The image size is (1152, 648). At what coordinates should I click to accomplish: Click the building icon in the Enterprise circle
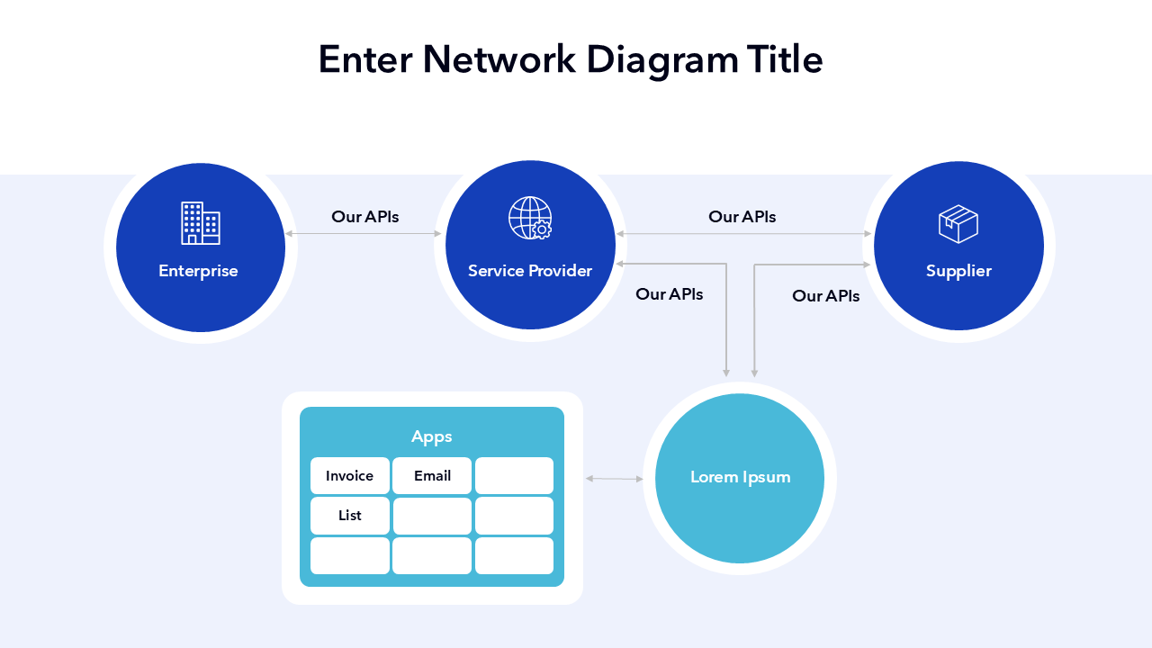(x=200, y=223)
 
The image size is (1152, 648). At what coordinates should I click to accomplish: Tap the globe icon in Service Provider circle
(x=530, y=219)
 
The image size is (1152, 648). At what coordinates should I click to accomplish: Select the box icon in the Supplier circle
(x=958, y=224)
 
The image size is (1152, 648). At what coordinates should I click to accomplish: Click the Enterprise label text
(x=198, y=271)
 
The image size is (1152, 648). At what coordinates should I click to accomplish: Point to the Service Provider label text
(x=530, y=271)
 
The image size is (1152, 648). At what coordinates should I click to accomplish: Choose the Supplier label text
(x=958, y=271)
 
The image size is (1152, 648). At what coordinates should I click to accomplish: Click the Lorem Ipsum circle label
(x=740, y=477)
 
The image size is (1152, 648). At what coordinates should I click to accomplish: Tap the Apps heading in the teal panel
(x=432, y=436)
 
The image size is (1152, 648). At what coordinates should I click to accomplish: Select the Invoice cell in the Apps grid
(x=350, y=476)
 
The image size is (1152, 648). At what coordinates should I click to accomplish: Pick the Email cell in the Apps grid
(x=432, y=476)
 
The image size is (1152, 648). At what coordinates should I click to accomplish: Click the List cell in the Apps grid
(x=350, y=516)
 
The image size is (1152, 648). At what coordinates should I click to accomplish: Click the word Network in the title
(x=499, y=59)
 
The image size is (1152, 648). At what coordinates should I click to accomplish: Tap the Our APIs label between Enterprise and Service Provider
(x=364, y=217)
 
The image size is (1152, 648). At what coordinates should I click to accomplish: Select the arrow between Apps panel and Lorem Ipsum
(x=614, y=479)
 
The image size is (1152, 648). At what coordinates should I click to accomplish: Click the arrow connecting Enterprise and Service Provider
(x=364, y=234)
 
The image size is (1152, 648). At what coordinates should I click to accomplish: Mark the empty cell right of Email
(x=514, y=476)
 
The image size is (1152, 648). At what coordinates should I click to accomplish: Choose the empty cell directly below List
(x=350, y=555)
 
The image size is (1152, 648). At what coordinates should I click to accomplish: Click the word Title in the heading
(x=785, y=59)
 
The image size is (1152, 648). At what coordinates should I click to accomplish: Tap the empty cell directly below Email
(x=432, y=516)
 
